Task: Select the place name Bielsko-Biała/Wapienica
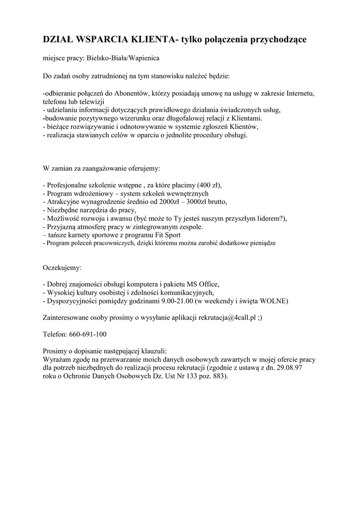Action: (x=124, y=59)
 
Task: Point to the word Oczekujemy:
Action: (x=62, y=268)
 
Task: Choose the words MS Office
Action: (x=202, y=284)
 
